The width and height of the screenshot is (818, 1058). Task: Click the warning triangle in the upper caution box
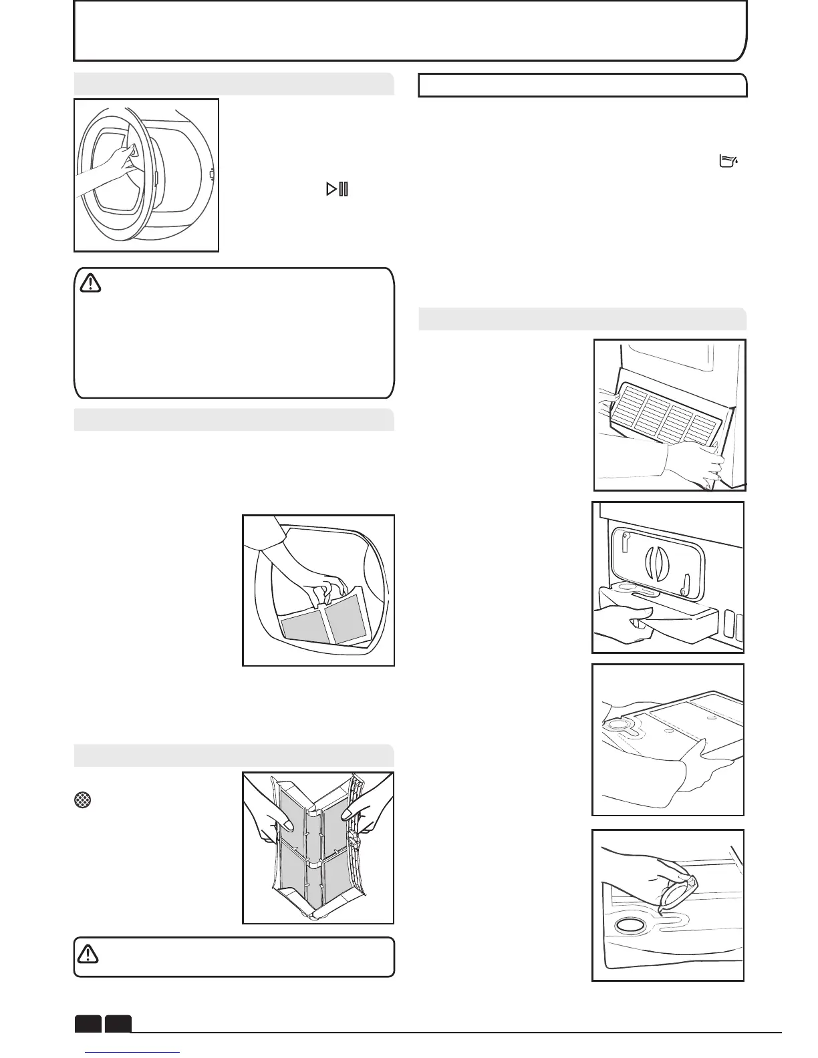click(x=90, y=284)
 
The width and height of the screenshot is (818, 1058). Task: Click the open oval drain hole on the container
click(x=630, y=926)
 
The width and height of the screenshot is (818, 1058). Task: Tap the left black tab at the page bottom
click(x=88, y=1024)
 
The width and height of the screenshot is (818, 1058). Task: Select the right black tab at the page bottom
click(x=118, y=1024)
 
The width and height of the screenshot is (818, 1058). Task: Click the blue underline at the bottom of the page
click(x=134, y=1053)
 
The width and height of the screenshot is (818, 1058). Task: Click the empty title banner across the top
click(x=409, y=31)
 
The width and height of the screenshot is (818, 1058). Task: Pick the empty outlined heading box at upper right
click(x=582, y=85)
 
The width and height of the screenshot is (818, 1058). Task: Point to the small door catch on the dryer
click(x=211, y=176)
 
